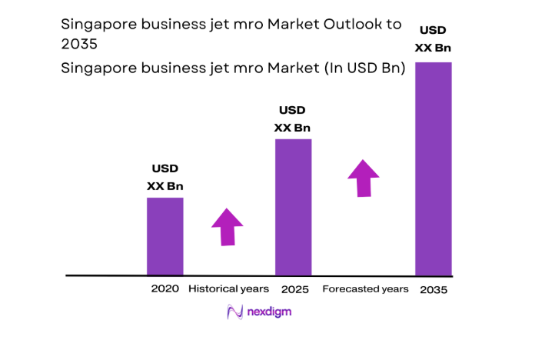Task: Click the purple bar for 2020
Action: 165,235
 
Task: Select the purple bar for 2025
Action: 293,206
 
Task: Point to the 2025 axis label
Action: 294,289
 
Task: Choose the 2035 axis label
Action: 434,290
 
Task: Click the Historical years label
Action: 229,288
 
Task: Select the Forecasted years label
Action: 365,288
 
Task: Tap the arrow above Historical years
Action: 227,227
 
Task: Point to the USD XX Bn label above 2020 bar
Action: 165,177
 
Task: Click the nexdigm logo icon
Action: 234,312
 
